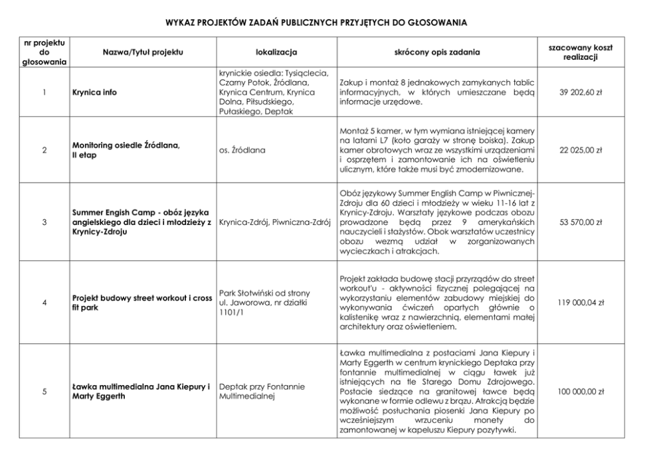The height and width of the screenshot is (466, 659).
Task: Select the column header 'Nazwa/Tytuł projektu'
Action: [142, 51]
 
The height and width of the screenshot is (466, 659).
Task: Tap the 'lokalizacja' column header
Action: [276, 51]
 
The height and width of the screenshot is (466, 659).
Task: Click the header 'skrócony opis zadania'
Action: [437, 51]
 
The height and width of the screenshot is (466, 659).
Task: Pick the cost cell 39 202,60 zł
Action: [581, 93]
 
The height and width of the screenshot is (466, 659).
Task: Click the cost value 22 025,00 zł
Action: [581, 150]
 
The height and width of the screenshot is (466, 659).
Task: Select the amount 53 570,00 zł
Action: [581, 222]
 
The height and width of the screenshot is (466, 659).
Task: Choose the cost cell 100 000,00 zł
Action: [581, 392]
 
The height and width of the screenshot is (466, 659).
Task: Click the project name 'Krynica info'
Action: [94, 93]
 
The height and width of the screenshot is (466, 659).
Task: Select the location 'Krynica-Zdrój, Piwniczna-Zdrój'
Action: [274, 222]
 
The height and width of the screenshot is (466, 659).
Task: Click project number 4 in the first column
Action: [44, 303]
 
